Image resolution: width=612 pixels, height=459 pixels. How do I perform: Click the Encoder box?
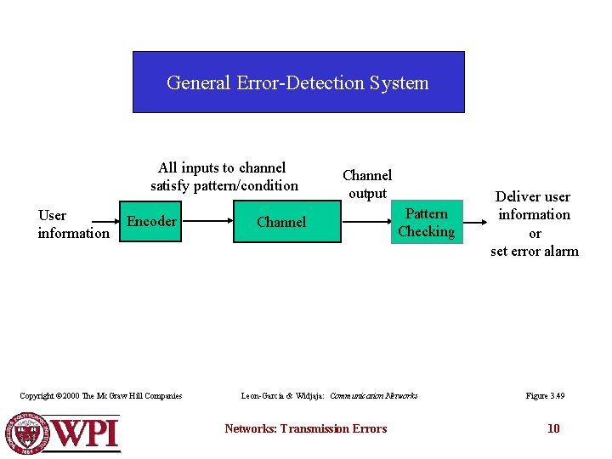pyautogui.click(x=150, y=222)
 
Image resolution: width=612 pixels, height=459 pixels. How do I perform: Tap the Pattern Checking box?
pyautogui.click(x=426, y=223)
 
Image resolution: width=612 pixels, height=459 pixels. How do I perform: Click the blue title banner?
pyautogui.click(x=298, y=82)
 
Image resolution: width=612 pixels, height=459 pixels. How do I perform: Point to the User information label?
pyautogui.click(x=73, y=224)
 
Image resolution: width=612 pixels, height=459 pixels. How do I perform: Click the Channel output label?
pyautogui.click(x=366, y=184)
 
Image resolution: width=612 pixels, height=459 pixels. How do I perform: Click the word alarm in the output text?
pyautogui.click(x=558, y=251)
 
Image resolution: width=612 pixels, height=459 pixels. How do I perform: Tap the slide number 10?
pyautogui.click(x=553, y=428)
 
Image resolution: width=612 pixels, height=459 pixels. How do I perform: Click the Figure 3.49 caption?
pyautogui.click(x=545, y=395)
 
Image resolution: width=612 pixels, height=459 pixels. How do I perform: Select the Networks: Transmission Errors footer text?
pyautogui.click(x=305, y=428)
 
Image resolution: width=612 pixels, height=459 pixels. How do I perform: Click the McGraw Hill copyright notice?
pyautogui.click(x=101, y=395)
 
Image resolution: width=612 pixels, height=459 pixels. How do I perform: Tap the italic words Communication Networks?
pyautogui.click(x=373, y=395)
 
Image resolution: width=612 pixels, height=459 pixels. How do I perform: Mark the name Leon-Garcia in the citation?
pyautogui.click(x=265, y=395)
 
